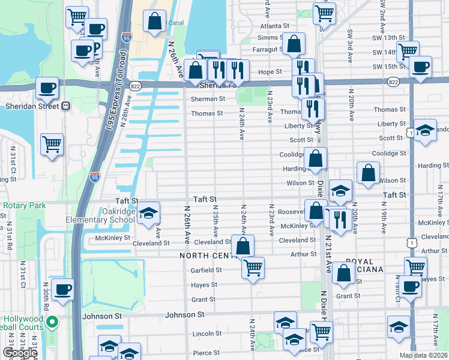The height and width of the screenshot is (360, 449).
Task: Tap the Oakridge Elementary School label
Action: pos(101,215)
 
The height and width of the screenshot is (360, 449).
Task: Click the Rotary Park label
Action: pos(24,205)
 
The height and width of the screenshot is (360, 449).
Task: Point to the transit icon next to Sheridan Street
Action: pos(65,106)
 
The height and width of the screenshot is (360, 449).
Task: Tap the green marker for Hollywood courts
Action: pos(52,322)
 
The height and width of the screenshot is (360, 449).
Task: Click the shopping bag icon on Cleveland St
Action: pos(243,246)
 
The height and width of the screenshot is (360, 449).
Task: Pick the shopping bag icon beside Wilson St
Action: pos(368,173)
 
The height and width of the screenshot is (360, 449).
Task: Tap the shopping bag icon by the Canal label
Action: pos(155,21)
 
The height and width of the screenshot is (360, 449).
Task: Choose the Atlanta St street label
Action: pos(274,26)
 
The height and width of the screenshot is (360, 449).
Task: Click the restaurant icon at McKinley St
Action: pos(339,218)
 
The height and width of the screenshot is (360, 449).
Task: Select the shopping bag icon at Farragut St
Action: pos(294,44)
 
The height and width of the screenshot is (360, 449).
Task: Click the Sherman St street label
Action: pos(208,99)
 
